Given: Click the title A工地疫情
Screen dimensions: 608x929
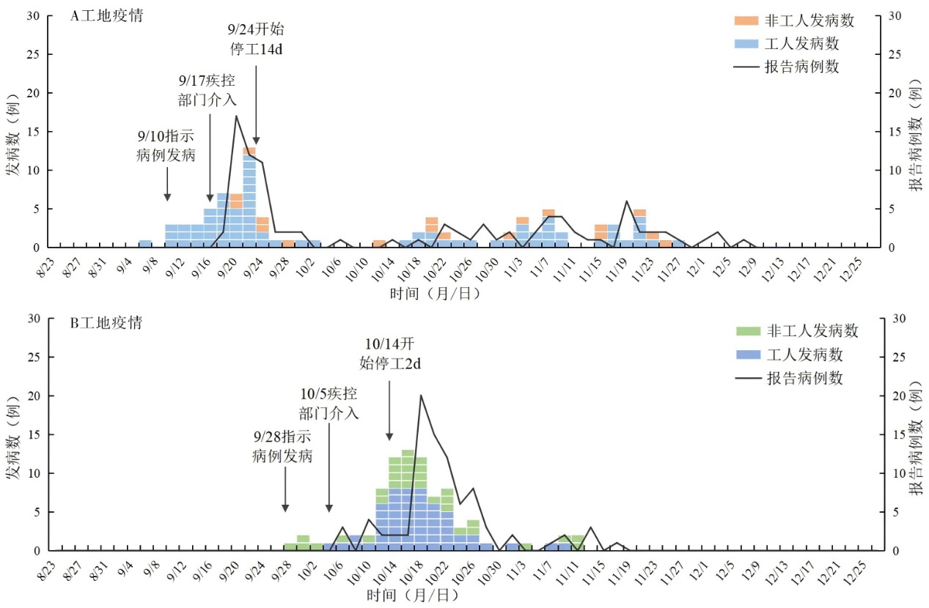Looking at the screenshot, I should pos(106,17).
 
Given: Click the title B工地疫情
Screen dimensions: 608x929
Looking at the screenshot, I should pos(106,322).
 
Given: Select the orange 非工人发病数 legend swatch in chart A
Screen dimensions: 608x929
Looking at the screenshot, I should pos(746,21).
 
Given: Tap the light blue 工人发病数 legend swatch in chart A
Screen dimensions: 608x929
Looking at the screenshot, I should pos(746,43).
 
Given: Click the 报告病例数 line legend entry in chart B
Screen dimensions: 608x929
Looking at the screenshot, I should pos(805,378).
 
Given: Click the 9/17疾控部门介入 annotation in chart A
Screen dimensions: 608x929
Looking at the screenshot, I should pos(208,89).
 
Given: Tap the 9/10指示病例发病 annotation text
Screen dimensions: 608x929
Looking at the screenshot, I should pos(166,146).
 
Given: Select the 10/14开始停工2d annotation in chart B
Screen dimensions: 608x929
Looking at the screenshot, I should pos(389,353).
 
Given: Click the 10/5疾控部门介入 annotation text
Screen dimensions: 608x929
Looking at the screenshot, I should pos(328,403).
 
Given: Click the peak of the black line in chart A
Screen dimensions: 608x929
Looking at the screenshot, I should pos(236,116).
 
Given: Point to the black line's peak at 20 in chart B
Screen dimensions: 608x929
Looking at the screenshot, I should pos(420,396).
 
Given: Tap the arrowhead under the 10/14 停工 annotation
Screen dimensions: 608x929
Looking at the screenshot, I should pos(389,437).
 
